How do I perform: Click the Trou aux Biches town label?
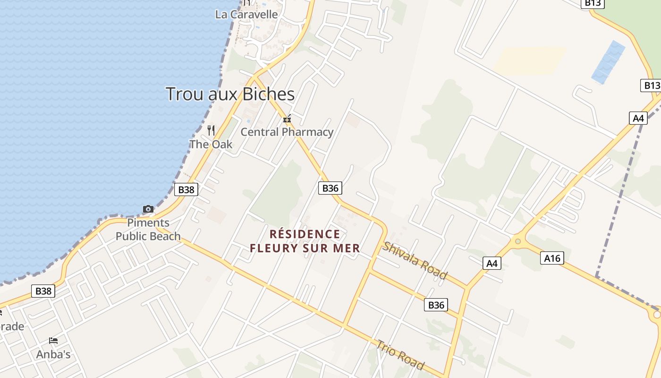230,94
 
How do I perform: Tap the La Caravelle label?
246,15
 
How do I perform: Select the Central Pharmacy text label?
287,132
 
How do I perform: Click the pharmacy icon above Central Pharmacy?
287,119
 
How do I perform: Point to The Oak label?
211,144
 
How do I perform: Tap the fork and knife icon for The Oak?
211,130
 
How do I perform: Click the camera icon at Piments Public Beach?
148,209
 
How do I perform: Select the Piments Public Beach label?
148,230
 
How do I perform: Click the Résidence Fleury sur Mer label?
305,241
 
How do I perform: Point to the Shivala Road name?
415,260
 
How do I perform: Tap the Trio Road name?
399,353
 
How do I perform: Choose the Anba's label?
53,354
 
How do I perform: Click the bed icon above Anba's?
53,340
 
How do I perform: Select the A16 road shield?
552,258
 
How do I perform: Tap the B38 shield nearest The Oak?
186,189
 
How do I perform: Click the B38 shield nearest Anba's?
43,291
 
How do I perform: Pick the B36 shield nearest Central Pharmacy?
330,188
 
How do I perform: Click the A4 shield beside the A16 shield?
492,263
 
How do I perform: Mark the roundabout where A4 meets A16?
518,241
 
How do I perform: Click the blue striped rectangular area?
609,62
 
